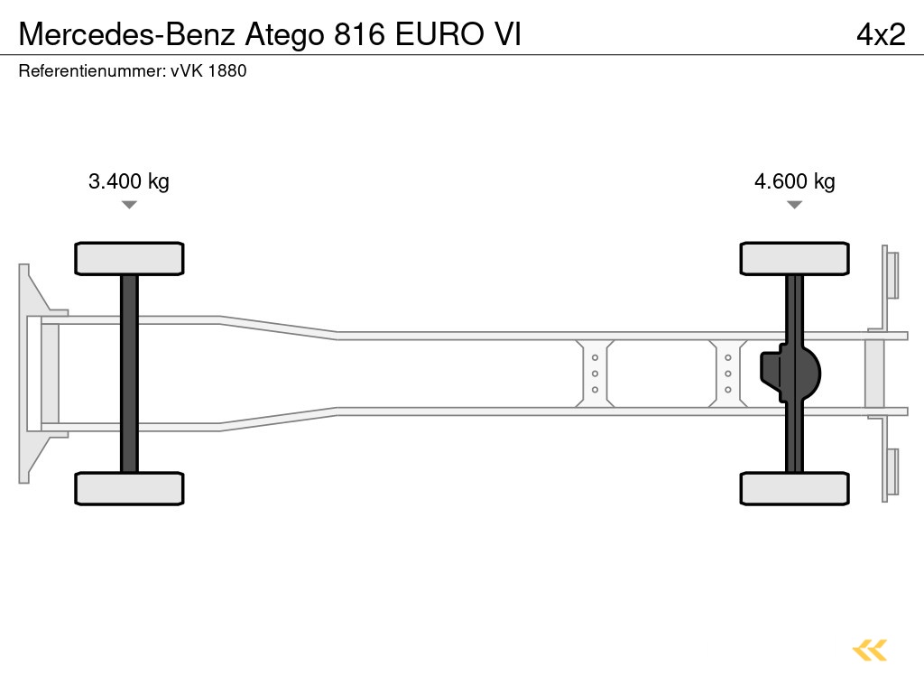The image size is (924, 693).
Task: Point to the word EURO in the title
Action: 442,33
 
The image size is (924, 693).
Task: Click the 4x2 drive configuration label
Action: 880,33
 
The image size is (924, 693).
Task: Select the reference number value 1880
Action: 227,70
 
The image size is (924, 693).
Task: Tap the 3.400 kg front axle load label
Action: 129,181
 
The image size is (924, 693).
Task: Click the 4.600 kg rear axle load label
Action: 794,181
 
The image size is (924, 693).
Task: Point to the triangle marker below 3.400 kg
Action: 129,205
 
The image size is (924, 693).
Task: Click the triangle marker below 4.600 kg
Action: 794,205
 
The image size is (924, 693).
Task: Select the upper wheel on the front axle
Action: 129,258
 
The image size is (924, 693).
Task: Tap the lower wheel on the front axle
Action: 129,488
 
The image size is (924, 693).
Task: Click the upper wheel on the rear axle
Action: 794,258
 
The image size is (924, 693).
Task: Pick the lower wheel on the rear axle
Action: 794,488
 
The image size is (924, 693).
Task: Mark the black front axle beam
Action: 129,373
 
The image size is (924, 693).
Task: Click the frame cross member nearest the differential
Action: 727,374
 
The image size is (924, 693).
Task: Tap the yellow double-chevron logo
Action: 870,650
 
